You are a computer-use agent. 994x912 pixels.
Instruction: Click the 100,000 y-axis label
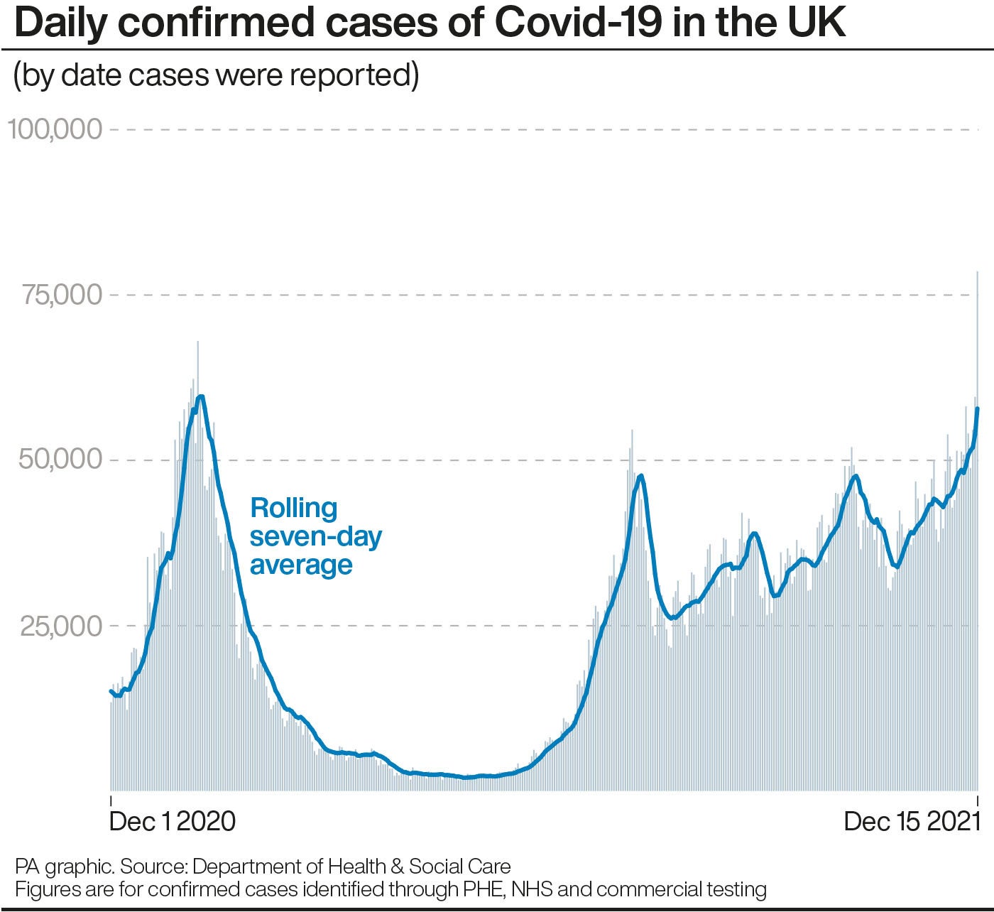55,129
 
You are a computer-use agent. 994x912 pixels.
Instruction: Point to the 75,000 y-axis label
62,294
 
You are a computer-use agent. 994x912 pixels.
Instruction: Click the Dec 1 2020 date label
173,821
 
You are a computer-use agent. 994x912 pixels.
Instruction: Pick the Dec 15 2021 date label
912,821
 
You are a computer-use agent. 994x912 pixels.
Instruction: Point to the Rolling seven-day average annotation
315,536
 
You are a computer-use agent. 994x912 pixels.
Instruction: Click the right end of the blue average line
978,408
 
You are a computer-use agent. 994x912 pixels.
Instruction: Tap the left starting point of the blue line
111,690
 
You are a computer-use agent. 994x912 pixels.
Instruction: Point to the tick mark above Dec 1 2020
111,798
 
